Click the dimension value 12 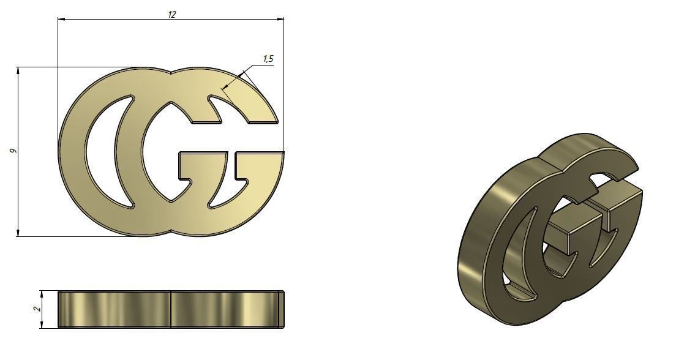pyautogui.click(x=172, y=14)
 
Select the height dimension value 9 pyautogui.click(x=12, y=151)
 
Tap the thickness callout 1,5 pyautogui.click(x=268, y=59)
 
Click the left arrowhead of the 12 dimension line pyautogui.click(x=61, y=19)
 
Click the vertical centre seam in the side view pyautogui.click(x=170, y=309)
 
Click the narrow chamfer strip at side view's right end pyautogui.click(x=281, y=309)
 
